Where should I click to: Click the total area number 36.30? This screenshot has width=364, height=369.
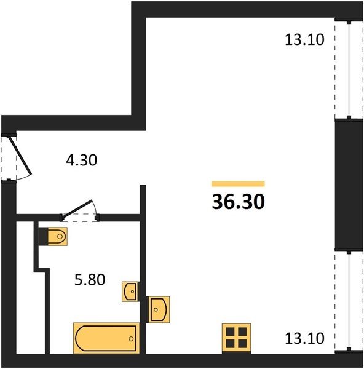(238, 202)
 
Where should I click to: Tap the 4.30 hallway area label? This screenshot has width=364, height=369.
(81, 161)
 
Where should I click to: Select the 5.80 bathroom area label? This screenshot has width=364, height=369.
(90, 280)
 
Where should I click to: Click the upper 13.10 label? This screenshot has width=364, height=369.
(304, 39)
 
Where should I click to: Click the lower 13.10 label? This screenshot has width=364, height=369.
(304, 338)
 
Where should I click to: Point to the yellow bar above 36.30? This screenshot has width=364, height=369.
(238, 184)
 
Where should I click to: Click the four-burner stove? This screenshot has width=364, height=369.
(236, 338)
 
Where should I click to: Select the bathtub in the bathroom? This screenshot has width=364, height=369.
(106, 338)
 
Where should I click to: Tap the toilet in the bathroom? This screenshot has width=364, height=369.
(58, 236)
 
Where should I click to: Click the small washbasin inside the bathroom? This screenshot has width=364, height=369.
(130, 292)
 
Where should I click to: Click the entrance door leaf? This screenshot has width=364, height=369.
(20, 156)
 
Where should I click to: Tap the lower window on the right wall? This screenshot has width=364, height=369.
(349, 301)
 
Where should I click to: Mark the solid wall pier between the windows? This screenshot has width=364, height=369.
(349, 184)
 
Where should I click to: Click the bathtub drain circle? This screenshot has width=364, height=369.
(131, 339)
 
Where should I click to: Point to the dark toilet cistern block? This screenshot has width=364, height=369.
(43, 236)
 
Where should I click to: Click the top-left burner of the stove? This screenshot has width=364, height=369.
(230, 332)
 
